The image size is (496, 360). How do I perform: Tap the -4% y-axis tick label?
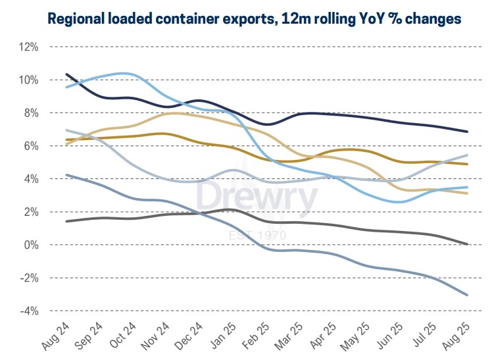(29, 311)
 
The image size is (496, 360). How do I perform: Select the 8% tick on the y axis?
(30, 113)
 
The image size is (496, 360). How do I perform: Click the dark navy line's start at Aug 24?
(66, 74)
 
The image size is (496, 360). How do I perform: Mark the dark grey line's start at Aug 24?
(66, 221)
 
